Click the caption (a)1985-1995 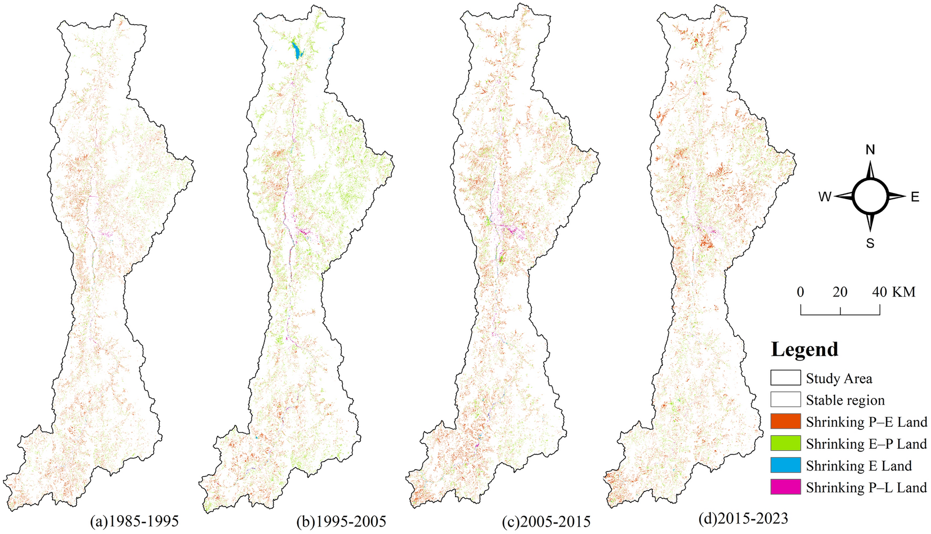tap(134, 521)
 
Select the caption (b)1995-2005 tap(341, 521)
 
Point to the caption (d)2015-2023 tap(743, 519)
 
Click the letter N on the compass tap(870, 150)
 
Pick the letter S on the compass tap(870, 243)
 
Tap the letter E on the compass tap(915, 197)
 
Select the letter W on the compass tap(824, 197)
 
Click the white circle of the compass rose tap(870, 197)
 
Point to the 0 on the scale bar tap(801, 292)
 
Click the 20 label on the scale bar tap(840, 292)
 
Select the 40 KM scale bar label tap(894, 292)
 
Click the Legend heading tap(804, 349)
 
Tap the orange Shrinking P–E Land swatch tap(785, 422)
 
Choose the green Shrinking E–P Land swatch tap(785, 444)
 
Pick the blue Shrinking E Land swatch tap(785, 465)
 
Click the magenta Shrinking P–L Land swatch tap(785, 487)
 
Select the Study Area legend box tap(785, 378)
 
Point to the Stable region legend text tap(845, 400)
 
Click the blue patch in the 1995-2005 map tap(297, 51)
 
